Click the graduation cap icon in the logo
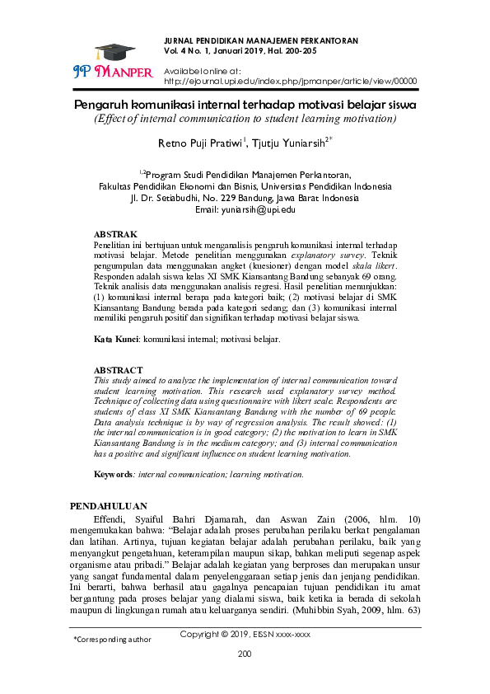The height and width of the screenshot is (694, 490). click(110, 50)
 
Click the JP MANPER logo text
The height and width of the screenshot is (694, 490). click(114, 72)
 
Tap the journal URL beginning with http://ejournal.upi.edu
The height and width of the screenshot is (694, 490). click(291, 82)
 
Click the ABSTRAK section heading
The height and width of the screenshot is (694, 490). click(115, 235)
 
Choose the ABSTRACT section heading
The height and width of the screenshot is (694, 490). click(117, 371)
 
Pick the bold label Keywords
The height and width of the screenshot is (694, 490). click(114, 475)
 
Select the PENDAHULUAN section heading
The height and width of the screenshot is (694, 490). click(109, 505)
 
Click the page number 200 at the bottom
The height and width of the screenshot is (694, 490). click(244, 654)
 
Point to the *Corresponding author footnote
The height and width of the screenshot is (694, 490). click(112, 639)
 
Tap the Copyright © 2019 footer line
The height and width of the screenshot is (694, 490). click(245, 635)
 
